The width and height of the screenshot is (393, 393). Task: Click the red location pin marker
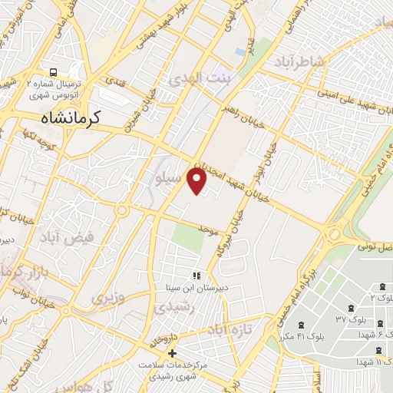[198, 181]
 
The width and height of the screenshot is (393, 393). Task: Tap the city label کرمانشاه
[74, 118]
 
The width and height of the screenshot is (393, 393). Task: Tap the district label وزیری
[107, 296]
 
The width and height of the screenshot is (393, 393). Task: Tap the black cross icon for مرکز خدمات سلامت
[171, 352]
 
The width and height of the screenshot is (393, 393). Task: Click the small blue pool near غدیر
[240, 51]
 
